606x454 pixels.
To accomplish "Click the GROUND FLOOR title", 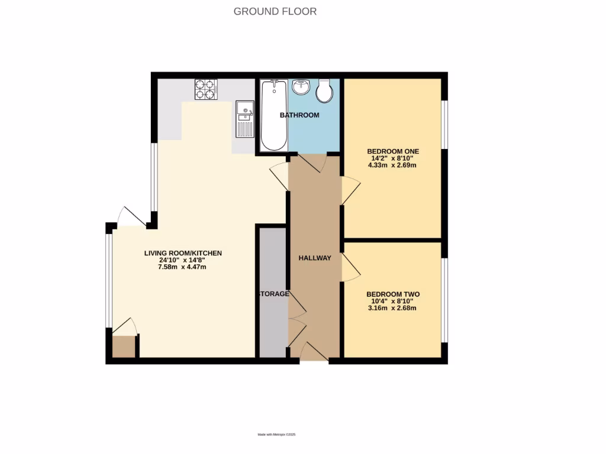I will pyautogui.click(x=275, y=11).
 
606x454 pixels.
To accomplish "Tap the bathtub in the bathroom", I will pyautogui.click(x=273, y=115).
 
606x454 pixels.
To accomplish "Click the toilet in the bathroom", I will pyautogui.click(x=324, y=90).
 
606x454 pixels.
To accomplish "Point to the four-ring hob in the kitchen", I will pyautogui.click(x=206, y=89).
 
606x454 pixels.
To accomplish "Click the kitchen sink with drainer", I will pyautogui.click(x=244, y=118).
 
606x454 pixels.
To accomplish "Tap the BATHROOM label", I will pyautogui.click(x=299, y=115).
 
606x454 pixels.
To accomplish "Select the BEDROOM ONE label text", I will pyautogui.click(x=393, y=151).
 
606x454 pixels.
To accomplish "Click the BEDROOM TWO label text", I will pyautogui.click(x=393, y=294).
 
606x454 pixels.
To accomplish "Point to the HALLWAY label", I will pyautogui.click(x=314, y=258).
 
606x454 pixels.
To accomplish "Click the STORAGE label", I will pyautogui.click(x=273, y=294).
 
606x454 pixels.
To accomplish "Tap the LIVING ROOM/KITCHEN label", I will pyautogui.click(x=183, y=253).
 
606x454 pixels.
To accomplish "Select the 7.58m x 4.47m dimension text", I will pyautogui.click(x=183, y=267).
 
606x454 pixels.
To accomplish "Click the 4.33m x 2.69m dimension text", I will pyautogui.click(x=393, y=166).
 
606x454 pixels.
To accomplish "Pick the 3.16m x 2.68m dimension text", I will pyautogui.click(x=393, y=308).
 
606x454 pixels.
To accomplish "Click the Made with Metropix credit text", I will pyautogui.click(x=276, y=435).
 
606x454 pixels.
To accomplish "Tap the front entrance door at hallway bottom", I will pyautogui.click(x=314, y=353).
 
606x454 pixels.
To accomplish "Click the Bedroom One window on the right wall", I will pyautogui.click(x=445, y=124).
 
